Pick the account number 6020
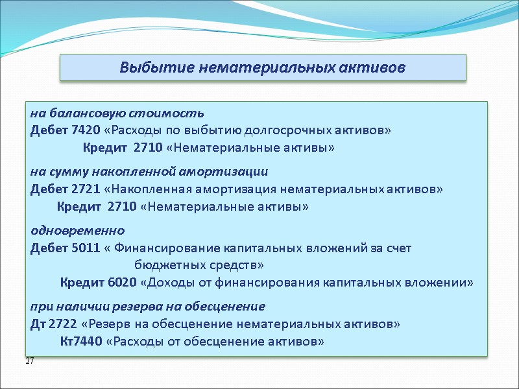click(121, 283)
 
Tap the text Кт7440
click(80, 342)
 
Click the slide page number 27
click(30, 360)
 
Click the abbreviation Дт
click(38, 324)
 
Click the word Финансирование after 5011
click(165, 248)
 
